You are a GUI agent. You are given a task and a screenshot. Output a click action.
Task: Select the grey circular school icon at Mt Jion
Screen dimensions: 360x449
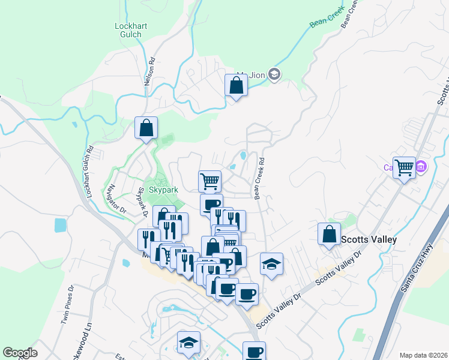[x=275, y=74]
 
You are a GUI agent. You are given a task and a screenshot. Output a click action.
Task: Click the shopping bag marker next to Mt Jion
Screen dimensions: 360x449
[x=237, y=86]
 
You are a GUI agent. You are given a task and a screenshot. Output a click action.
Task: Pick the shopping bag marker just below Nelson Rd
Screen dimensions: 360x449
[x=146, y=128]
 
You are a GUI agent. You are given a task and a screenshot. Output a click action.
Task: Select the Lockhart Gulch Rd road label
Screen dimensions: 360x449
[x=89, y=164]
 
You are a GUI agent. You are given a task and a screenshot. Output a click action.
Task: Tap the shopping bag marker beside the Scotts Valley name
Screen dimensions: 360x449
[x=330, y=235]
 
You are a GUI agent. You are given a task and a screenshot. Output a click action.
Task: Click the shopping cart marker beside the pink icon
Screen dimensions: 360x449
[x=404, y=167]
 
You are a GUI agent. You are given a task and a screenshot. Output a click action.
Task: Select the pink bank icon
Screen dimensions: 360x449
[x=421, y=166]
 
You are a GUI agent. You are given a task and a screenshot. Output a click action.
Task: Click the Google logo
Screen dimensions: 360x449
[x=20, y=353]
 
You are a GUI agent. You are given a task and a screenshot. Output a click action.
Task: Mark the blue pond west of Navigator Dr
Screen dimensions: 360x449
[x=60, y=226]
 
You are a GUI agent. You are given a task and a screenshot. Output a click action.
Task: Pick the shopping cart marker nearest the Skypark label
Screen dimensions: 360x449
[x=209, y=181]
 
